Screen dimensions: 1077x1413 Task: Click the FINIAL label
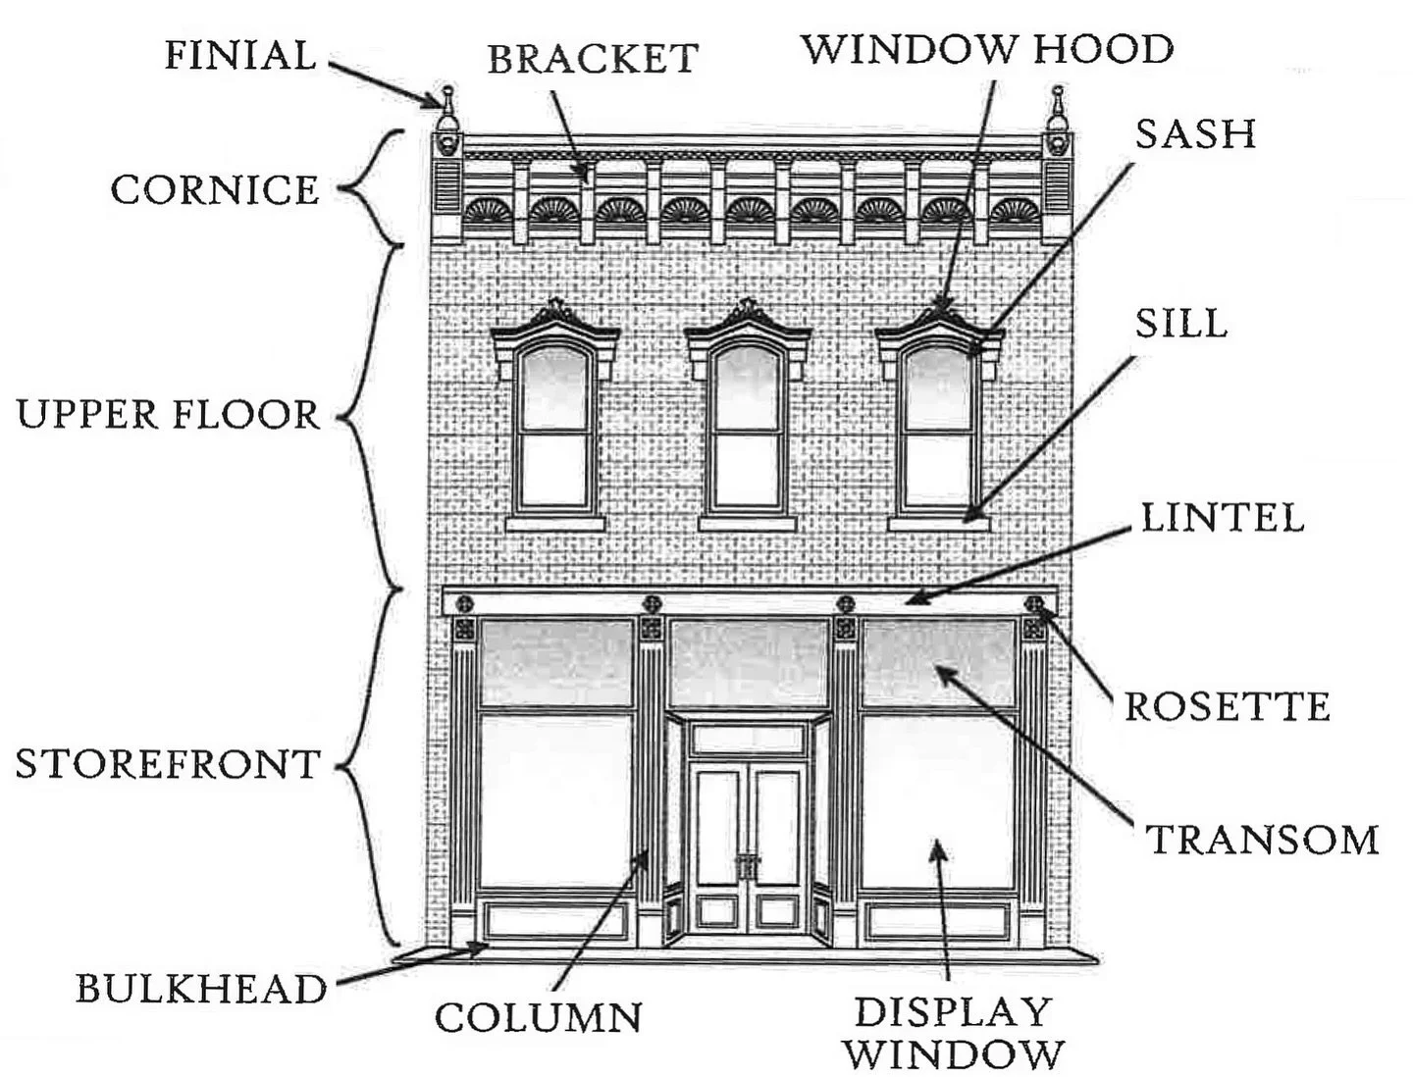pos(240,55)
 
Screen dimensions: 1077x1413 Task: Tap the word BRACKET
pos(593,60)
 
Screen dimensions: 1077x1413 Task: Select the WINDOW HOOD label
pos(987,49)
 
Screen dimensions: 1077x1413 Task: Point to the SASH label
pos(1195,134)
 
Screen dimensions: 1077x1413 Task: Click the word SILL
pos(1180,324)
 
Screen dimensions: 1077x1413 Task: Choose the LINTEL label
pos(1223,518)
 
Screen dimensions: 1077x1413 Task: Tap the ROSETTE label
pos(1227,706)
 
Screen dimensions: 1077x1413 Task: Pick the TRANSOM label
pos(1264,841)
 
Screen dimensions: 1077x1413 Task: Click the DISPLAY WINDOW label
pos(954,1033)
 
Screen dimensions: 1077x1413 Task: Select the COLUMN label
pos(538,1017)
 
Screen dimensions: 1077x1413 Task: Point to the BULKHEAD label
pos(201,989)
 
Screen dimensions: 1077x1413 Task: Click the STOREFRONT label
pos(168,764)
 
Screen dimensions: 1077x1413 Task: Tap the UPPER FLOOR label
pos(168,415)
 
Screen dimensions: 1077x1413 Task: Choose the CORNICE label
pos(215,190)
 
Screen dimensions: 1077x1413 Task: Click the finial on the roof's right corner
pos(1057,110)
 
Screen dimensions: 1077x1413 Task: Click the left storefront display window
pos(555,799)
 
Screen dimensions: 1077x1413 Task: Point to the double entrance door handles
pos(748,865)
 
